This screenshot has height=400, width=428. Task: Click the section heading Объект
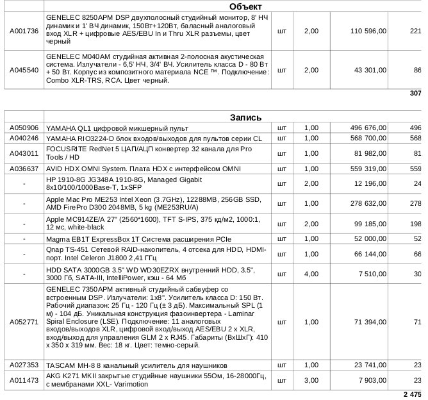245,6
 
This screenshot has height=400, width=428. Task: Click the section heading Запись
245,117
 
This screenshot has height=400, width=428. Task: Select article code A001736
24,30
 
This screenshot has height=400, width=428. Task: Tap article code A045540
24,69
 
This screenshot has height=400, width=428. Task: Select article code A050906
24,128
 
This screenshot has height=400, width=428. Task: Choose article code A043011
24,153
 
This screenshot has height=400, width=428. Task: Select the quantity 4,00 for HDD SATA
311,274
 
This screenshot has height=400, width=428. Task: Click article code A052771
24,321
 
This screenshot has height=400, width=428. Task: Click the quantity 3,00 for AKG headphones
311,380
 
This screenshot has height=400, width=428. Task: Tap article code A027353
24,365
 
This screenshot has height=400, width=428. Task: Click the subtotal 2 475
413,393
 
